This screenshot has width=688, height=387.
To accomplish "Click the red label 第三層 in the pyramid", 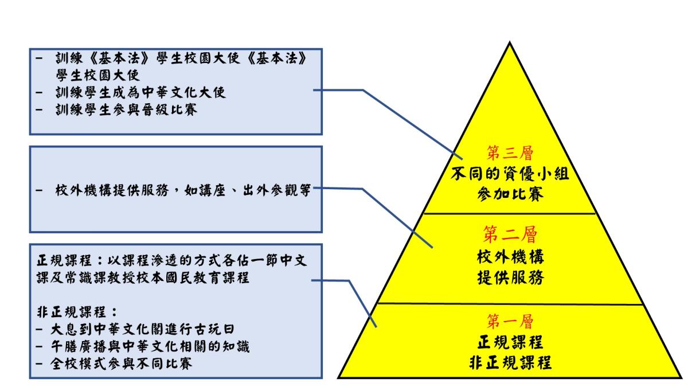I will [510, 153].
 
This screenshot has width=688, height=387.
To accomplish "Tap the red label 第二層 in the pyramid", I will [510, 234].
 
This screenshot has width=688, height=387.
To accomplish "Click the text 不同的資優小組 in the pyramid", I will [510, 174].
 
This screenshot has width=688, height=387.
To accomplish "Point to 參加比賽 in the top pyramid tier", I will [510, 193].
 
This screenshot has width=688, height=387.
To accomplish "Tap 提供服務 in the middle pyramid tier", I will [510, 278].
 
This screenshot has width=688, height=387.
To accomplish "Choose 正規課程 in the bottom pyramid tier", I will [510, 342].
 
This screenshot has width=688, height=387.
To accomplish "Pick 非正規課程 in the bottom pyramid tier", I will [510, 363].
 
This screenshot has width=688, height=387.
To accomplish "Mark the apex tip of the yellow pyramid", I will [510, 42].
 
